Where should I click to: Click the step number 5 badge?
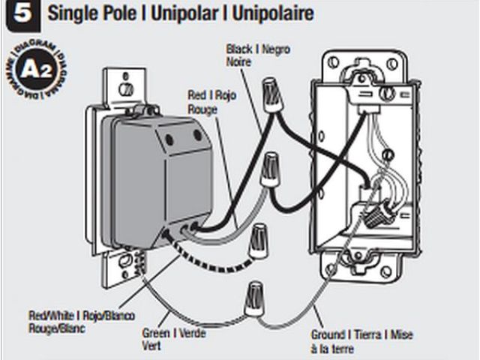point(16,15)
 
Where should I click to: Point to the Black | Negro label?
point(258,49)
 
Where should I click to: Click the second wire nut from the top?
point(271,168)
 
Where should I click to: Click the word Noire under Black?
point(240,62)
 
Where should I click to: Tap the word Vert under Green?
point(151,346)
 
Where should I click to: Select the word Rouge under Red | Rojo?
point(202,109)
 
